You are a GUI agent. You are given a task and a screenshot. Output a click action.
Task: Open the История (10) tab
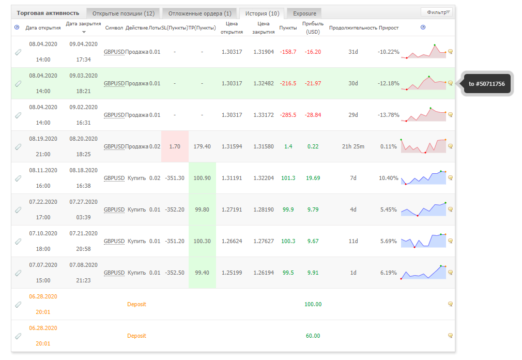click(x=262, y=13)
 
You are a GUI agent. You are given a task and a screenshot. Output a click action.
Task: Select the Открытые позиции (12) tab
click(x=123, y=13)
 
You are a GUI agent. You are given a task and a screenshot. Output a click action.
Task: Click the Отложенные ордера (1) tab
click(x=199, y=13)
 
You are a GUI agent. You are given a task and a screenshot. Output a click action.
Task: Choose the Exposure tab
click(x=304, y=13)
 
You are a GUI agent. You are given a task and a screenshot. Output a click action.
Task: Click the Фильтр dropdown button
click(x=437, y=12)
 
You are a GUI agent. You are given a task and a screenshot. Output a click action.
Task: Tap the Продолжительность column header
click(x=353, y=27)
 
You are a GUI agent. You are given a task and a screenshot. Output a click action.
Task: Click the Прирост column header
click(x=389, y=27)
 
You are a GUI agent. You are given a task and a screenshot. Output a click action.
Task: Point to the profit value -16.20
click(x=313, y=52)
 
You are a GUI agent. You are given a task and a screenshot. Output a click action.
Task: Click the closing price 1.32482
click(x=264, y=83)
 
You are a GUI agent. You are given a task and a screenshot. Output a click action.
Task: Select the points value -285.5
click(x=288, y=115)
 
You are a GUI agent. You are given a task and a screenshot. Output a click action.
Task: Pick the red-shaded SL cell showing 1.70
click(x=175, y=146)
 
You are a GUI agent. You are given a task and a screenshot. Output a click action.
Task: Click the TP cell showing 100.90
click(x=202, y=178)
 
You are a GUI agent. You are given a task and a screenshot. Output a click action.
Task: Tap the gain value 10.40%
click(x=389, y=178)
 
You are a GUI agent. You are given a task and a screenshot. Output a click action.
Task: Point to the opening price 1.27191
click(x=232, y=209)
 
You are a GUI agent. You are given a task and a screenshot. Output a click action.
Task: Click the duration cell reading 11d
click(x=353, y=241)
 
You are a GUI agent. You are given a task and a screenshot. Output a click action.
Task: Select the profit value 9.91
click(x=313, y=273)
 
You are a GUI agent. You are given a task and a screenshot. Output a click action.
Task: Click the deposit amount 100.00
click(x=313, y=304)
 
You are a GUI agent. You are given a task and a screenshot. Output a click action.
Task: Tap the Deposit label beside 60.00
click(x=136, y=336)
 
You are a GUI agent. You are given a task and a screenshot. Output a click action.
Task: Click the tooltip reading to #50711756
click(x=487, y=84)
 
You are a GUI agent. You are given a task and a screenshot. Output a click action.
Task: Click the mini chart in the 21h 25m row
click(x=423, y=146)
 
